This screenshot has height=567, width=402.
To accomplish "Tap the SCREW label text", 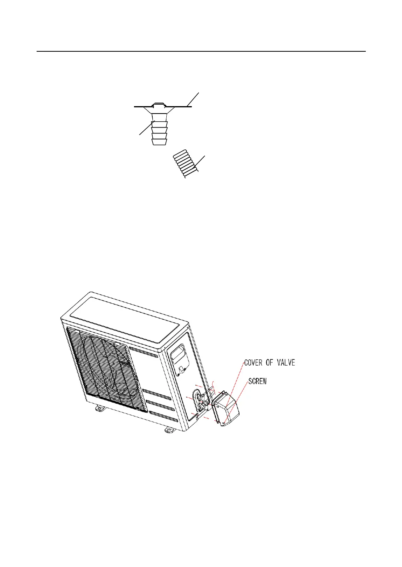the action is coord(257,381).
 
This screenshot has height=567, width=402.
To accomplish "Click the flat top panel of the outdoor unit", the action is coord(125,317).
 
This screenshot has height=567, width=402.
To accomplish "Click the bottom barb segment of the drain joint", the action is coord(157,142).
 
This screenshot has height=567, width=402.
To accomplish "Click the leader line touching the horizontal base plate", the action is coord(194,100).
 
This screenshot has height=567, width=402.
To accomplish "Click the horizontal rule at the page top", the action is coord(201,51).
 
